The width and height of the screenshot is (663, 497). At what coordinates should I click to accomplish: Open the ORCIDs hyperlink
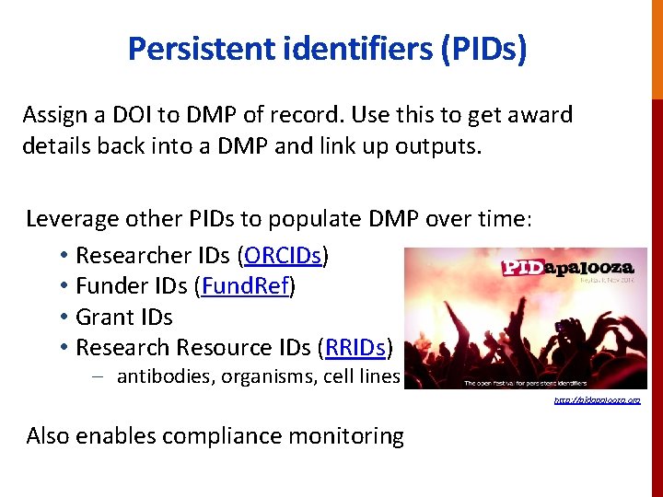click(x=284, y=255)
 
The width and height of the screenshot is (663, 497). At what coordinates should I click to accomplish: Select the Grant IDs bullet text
click(x=124, y=317)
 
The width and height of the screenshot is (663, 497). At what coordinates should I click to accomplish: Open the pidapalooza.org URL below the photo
click(x=596, y=400)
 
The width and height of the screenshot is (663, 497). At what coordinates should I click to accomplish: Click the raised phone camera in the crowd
click(x=558, y=324)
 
